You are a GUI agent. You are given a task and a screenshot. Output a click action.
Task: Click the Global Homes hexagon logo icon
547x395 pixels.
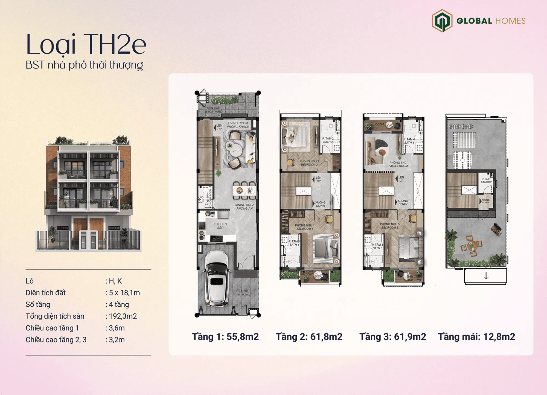point(442,21)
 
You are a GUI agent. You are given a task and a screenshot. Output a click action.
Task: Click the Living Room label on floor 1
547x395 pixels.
point(238,125)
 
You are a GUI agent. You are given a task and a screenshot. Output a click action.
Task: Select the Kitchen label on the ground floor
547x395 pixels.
point(220,226)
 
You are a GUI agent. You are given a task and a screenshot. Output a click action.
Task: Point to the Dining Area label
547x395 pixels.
point(245,207)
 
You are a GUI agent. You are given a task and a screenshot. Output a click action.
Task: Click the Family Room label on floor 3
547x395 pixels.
point(398,164)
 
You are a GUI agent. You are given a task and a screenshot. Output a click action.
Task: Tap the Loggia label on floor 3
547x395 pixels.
point(379,124)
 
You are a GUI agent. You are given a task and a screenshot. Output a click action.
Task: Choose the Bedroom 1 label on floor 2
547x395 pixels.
point(304,227)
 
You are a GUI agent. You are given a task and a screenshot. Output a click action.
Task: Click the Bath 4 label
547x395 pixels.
point(409,141)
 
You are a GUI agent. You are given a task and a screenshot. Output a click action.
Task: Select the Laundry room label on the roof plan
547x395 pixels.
point(486,180)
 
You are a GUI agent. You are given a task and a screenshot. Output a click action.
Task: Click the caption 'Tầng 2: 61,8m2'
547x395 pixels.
point(309,336)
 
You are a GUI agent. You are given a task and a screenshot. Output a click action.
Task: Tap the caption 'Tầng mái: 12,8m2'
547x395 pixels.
point(476,336)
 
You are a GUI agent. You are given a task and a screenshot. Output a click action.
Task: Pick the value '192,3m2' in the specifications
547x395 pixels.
point(123,316)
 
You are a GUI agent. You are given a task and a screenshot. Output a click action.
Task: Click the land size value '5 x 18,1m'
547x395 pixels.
point(124,293)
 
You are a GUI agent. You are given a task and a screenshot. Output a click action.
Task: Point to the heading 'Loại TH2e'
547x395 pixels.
point(86,45)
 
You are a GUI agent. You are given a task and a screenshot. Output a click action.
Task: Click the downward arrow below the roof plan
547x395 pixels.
point(486,276)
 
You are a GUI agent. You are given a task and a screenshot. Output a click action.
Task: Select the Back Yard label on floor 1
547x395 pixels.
point(214,110)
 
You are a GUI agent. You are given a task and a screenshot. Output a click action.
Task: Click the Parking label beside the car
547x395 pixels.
point(243,293)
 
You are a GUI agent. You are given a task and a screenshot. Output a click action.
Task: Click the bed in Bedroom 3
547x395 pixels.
point(409,248)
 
